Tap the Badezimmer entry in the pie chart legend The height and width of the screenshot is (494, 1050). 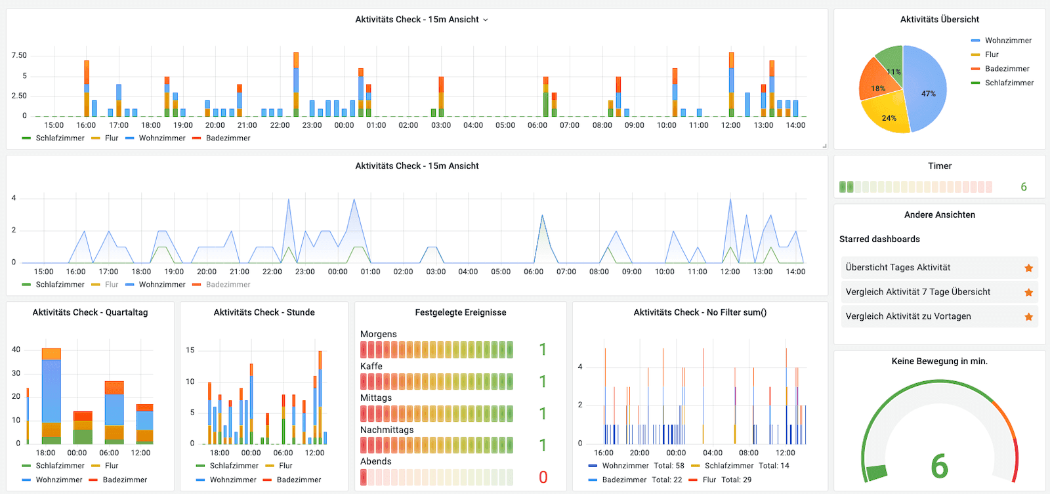pos(1007,69)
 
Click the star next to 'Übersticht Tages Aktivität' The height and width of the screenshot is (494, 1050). pos(1028,268)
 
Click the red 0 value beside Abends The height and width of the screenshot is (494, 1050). pos(543,477)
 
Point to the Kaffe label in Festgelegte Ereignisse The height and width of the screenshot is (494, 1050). pos(371,366)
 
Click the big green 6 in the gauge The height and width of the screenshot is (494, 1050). pos(939,466)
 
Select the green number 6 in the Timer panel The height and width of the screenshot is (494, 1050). pos(1023,187)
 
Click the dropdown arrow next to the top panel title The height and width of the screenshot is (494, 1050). pos(486,20)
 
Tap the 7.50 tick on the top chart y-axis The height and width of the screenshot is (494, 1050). pos(19,55)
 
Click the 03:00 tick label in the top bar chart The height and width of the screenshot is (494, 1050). pos(441,125)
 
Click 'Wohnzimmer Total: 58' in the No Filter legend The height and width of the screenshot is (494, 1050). pos(642,466)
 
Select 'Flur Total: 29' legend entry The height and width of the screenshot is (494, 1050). pos(726,480)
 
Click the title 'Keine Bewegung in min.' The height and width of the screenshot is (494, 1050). pos(939,361)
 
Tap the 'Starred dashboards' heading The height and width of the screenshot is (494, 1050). pos(879,239)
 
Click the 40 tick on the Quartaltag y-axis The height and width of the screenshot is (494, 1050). pos(16,350)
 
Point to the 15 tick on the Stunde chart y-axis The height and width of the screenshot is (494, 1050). pos(190,350)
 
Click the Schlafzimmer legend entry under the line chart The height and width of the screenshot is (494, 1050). pos(60,285)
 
